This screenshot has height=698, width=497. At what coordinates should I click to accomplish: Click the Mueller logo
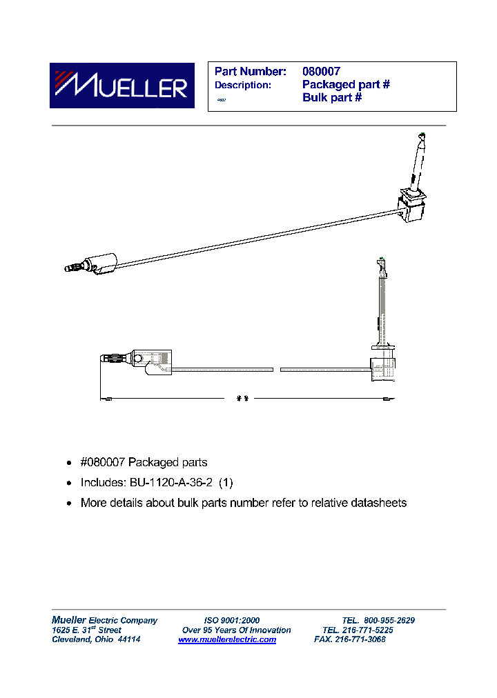point(118,86)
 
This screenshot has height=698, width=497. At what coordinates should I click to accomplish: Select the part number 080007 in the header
point(321,71)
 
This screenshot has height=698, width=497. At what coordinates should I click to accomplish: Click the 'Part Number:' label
point(250,71)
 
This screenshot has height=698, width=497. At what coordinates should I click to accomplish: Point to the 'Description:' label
point(242,85)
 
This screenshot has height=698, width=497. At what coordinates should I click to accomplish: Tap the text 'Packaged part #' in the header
point(346,84)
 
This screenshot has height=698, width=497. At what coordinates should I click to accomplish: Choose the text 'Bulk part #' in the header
point(332,97)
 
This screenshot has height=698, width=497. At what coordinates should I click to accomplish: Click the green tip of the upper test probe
point(422,136)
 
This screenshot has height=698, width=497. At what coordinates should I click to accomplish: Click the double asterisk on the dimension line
point(242,399)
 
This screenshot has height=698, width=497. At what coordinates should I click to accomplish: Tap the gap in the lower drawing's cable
point(277,370)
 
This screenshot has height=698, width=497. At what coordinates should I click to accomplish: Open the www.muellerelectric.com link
point(227,639)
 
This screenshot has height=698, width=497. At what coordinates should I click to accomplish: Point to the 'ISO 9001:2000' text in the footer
point(232,620)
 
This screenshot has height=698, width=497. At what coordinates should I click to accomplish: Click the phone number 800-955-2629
point(389,620)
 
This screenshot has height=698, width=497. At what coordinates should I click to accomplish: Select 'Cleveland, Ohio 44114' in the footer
point(97,639)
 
